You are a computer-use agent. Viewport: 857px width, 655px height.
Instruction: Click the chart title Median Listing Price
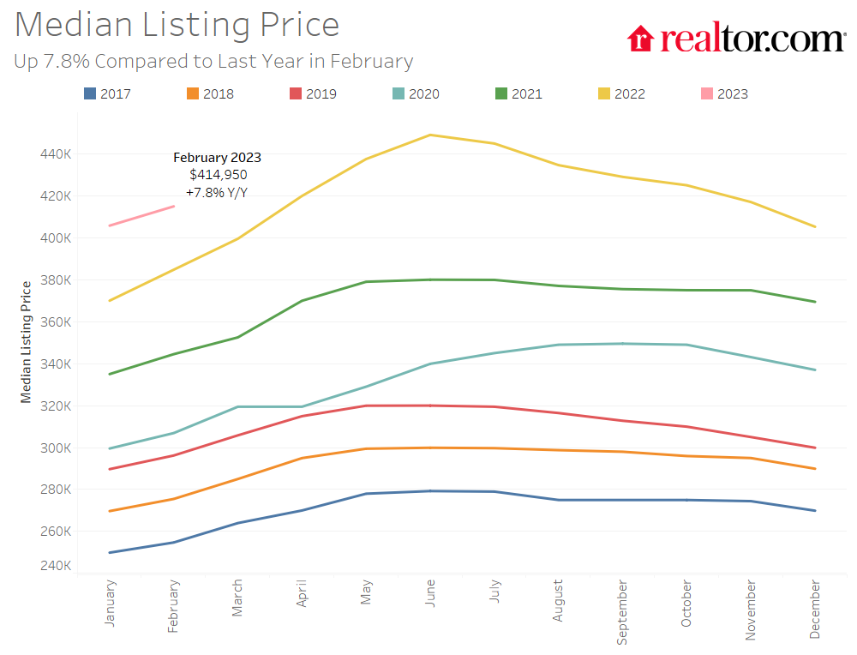(177, 25)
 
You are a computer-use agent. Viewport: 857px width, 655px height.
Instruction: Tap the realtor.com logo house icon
(641, 39)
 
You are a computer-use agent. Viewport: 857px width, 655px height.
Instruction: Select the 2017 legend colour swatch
(90, 93)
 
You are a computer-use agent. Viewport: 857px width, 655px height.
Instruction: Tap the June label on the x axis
(430, 594)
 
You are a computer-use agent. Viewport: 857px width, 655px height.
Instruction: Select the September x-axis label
(623, 612)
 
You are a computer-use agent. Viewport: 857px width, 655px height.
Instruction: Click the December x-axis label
(815, 610)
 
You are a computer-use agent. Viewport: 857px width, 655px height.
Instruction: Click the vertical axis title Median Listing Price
(27, 341)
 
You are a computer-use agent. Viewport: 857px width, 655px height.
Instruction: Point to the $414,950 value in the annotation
(219, 175)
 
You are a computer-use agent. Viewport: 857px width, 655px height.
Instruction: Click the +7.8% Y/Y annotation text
(218, 192)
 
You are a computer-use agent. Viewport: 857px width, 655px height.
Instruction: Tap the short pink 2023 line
(142, 216)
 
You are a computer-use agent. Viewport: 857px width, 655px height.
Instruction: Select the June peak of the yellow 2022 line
(430, 135)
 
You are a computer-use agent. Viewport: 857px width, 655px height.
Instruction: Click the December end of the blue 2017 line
(815, 511)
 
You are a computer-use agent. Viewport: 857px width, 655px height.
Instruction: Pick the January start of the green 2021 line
(110, 374)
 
